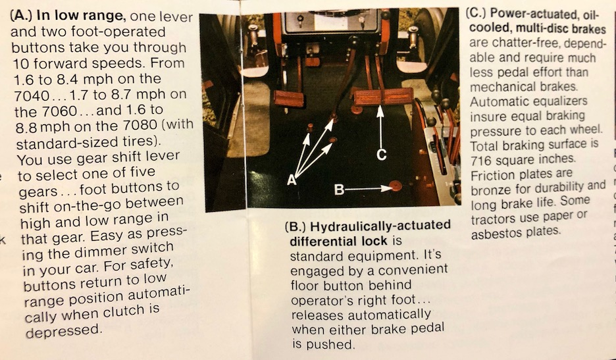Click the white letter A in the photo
pos(291,180)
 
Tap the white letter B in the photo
pos(339,190)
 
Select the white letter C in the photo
pos(381,155)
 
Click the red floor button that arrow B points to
pos(396,186)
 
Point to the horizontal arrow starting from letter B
pos(368,189)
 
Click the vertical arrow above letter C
pos(380,126)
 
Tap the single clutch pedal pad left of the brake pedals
pos(289,98)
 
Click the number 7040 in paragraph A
pos(32,95)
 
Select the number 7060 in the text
pos(60,111)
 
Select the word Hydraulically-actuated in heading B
pos(380,226)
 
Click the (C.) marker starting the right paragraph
pos(476,13)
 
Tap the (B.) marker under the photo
pos(295,227)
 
